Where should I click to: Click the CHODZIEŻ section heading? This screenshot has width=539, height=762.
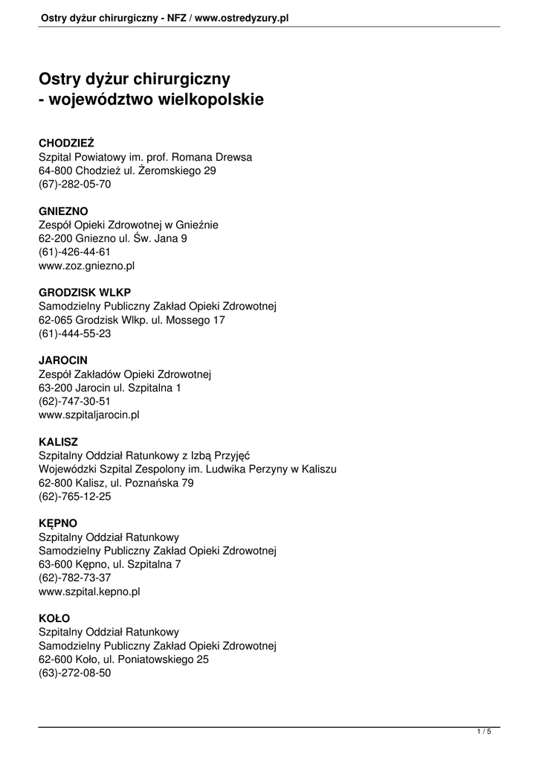66,142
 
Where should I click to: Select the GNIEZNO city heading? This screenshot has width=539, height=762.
63,211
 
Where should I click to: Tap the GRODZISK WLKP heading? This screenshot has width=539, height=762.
85,292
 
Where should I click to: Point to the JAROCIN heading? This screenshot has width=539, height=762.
63,360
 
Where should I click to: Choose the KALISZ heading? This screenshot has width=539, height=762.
58,441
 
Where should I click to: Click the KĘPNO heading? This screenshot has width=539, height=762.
57,523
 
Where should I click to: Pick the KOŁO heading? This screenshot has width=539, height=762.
54,618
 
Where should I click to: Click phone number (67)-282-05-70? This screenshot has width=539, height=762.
74,184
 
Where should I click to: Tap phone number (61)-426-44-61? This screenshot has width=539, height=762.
74,252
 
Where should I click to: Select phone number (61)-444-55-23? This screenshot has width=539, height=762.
74,333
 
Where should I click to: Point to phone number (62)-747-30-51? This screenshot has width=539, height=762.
74,401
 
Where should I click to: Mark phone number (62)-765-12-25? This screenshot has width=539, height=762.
74,496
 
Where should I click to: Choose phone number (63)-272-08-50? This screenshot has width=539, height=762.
74,673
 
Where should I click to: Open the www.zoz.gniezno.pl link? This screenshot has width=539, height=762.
86,265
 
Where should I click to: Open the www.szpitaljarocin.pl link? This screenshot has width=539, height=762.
89,414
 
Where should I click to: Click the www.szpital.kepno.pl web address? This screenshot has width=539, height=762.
89,592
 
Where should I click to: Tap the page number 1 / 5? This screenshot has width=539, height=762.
484,733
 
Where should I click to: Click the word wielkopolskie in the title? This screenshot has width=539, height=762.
209,99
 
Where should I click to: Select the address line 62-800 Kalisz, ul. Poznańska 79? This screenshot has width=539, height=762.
116,483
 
